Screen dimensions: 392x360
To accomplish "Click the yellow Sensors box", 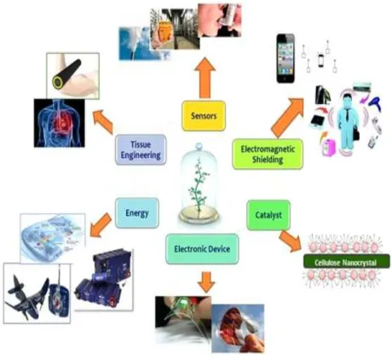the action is [204, 116].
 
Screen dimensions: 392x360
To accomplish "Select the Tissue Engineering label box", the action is [141, 149].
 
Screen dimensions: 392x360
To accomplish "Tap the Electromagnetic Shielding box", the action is [268, 154].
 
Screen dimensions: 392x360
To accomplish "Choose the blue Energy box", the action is [137, 213].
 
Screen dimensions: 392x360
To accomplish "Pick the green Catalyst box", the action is [268, 215].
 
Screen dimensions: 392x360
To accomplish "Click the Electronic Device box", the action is [202, 249].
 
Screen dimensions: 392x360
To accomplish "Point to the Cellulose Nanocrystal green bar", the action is [347, 262].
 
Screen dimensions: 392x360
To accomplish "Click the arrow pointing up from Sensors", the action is [205, 78].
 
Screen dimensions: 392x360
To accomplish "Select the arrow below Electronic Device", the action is [206, 282].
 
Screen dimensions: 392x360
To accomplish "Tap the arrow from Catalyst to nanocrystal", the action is [291, 241].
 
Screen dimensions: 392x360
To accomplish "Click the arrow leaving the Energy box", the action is [101, 225].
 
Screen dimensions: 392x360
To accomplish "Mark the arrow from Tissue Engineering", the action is [103, 122].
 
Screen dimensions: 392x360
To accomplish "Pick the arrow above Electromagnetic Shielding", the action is [288, 117].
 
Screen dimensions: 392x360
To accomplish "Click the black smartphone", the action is [285, 59].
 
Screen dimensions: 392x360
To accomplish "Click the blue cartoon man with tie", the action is [346, 121].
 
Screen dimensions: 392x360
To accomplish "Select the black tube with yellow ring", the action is [66, 73].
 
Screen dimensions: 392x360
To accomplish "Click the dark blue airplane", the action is [28, 296].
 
